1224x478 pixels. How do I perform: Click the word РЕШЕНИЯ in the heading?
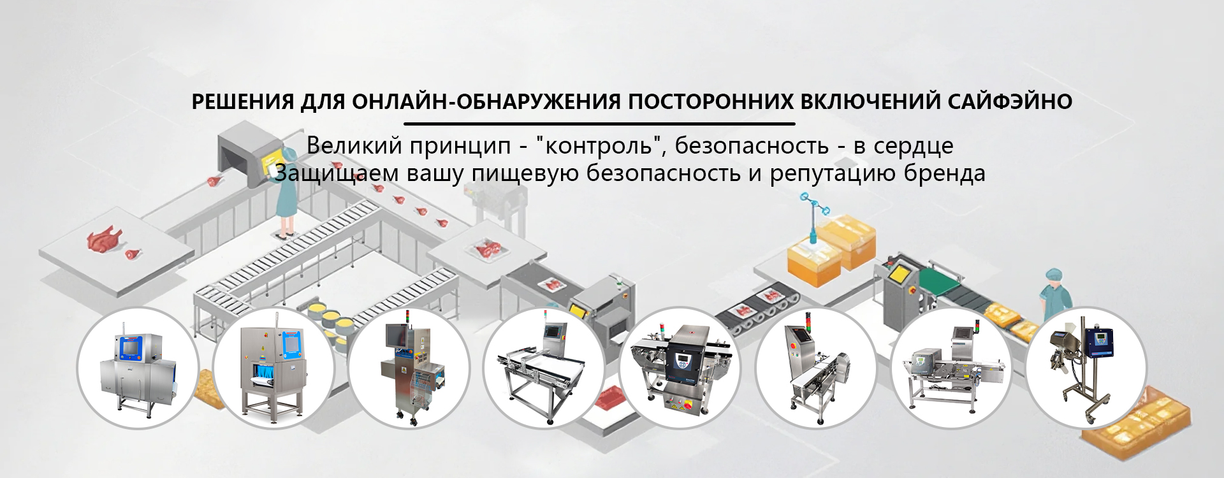[243, 102]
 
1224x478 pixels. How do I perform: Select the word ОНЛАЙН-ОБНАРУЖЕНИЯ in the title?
[486, 102]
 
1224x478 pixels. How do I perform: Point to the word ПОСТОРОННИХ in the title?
[711, 102]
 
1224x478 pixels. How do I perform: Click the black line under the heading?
[599, 124]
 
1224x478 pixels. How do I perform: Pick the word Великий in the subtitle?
[354, 146]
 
